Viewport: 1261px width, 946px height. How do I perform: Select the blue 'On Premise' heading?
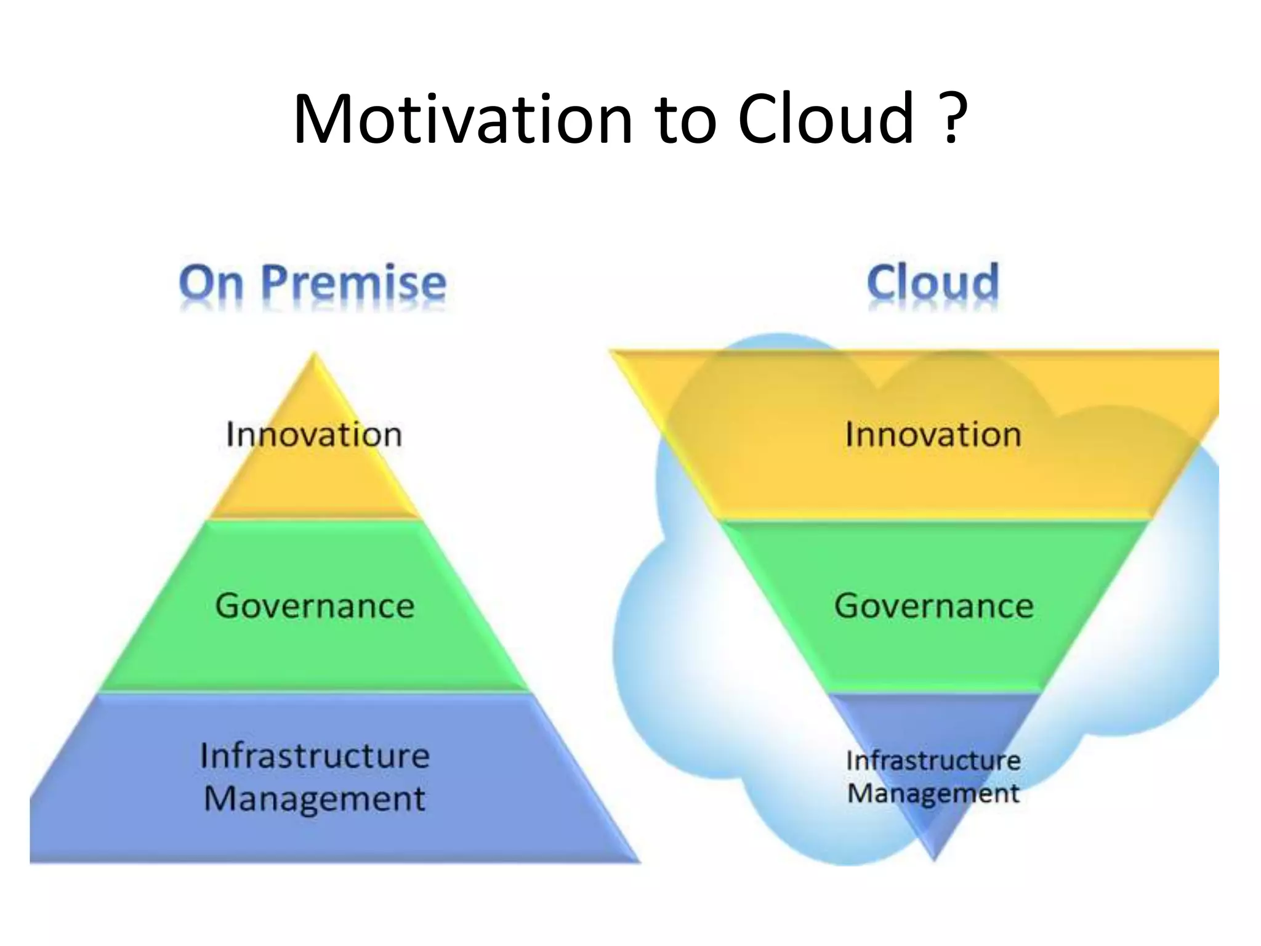tap(312, 284)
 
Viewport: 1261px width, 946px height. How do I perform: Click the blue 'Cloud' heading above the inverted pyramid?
tap(932, 283)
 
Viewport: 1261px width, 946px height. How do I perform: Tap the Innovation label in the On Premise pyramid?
tap(314, 434)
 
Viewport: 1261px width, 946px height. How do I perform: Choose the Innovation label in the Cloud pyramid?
tap(933, 434)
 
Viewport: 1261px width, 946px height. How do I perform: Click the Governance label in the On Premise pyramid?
tap(315, 605)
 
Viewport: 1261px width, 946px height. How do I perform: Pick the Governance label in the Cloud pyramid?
tap(933, 605)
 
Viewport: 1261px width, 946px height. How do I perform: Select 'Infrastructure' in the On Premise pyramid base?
tap(315, 756)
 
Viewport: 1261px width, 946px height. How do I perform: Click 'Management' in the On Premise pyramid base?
tap(314, 799)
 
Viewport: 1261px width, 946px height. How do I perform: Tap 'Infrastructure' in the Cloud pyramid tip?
tap(933, 761)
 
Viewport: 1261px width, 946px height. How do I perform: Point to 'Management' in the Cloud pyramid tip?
tap(933, 793)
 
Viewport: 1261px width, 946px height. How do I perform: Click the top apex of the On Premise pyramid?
tap(315, 355)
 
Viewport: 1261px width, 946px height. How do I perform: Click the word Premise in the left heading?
tap(353, 284)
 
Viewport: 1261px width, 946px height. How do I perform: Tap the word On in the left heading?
tap(211, 284)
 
